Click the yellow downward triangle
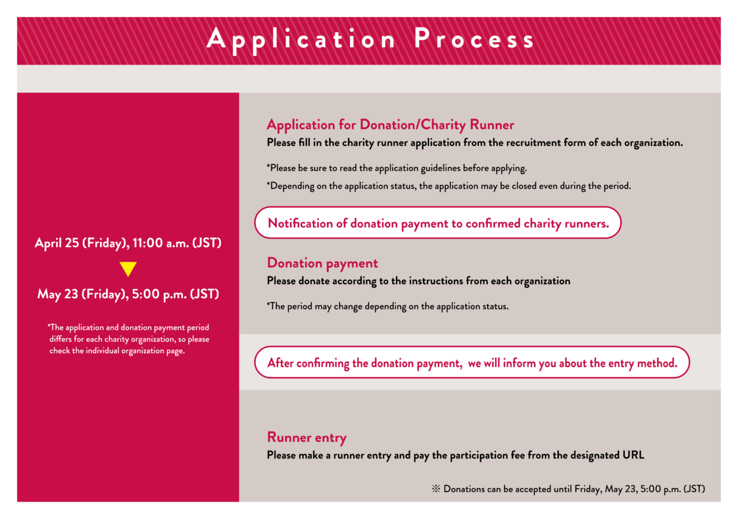(128, 268)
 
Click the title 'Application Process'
(370, 39)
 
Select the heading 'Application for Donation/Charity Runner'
(390, 125)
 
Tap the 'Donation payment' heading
(322, 263)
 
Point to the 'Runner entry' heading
(307, 437)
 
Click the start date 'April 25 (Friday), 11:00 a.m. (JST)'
(128, 243)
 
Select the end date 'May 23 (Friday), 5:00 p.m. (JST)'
(128, 294)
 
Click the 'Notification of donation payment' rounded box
(438, 223)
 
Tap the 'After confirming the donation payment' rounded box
(472, 362)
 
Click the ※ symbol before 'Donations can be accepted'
(436, 489)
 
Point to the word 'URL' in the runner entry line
(633, 455)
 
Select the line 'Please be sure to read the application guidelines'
(397, 168)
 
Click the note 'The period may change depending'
(388, 306)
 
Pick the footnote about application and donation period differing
(128, 339)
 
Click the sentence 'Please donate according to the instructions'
(418, 281)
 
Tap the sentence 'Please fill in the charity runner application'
(475, 143)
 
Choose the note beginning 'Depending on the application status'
(449, 186)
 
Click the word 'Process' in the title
(474, 39)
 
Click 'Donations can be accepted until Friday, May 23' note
(574, 489)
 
